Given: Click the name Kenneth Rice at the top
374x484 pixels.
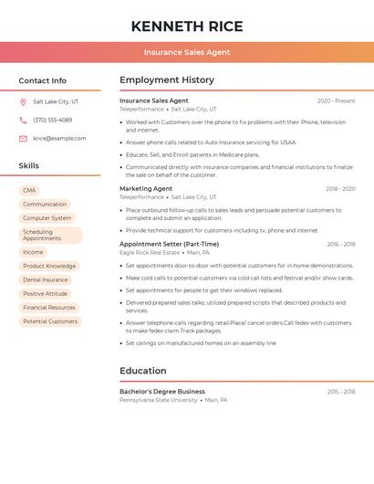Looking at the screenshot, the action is point(186,26).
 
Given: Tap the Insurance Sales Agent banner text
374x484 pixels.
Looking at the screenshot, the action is point(187,53).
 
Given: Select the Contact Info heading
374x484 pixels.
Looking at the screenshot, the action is point(42,80).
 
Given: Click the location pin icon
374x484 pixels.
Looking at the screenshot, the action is point(23,101).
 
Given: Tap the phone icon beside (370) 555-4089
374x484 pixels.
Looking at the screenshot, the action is point(23,120).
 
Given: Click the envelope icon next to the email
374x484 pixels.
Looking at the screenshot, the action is point(23,139).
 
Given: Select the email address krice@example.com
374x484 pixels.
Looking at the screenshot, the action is point(59,139).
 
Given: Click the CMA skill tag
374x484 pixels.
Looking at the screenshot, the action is point(29,190).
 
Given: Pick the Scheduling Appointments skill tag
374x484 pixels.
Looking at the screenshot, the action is point(50,235).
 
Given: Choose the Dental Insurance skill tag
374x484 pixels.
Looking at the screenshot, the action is point(46,279).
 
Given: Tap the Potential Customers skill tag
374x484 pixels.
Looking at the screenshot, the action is point(50,321).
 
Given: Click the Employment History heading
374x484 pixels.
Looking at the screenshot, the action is point(166,80).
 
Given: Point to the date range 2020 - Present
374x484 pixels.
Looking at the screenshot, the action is point(336,100).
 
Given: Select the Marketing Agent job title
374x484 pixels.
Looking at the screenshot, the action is point(146,188).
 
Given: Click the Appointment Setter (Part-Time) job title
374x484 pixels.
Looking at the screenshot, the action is point(169,244).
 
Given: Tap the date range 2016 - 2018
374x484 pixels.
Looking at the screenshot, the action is point(341,244).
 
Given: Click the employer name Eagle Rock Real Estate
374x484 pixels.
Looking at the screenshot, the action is point(150,253).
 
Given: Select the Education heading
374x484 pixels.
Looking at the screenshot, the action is point(142,371).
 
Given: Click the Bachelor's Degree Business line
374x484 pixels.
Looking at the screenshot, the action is point(162,391).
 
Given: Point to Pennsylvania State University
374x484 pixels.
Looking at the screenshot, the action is point(158,400).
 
